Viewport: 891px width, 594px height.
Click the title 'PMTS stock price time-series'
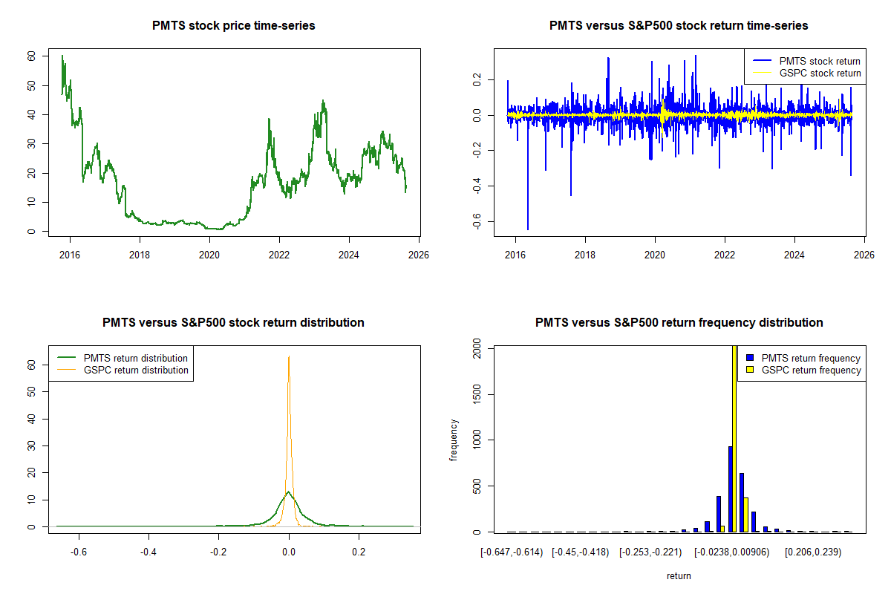coord(233,26)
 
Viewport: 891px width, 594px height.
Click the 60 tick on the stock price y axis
coord(30,56)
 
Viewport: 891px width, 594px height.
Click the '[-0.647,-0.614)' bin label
coord(512,552)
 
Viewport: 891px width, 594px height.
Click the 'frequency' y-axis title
coord(454,440)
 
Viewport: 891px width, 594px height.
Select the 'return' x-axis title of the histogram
coord(679,575)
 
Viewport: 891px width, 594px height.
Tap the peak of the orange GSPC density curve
coord(289,356)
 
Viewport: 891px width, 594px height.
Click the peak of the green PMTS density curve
coord(289,492)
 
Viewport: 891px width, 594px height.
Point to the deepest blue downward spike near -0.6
coord(528,229)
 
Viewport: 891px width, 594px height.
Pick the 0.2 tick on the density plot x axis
coord(359,552)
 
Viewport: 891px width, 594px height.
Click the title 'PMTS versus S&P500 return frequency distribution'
coord(679,323)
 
